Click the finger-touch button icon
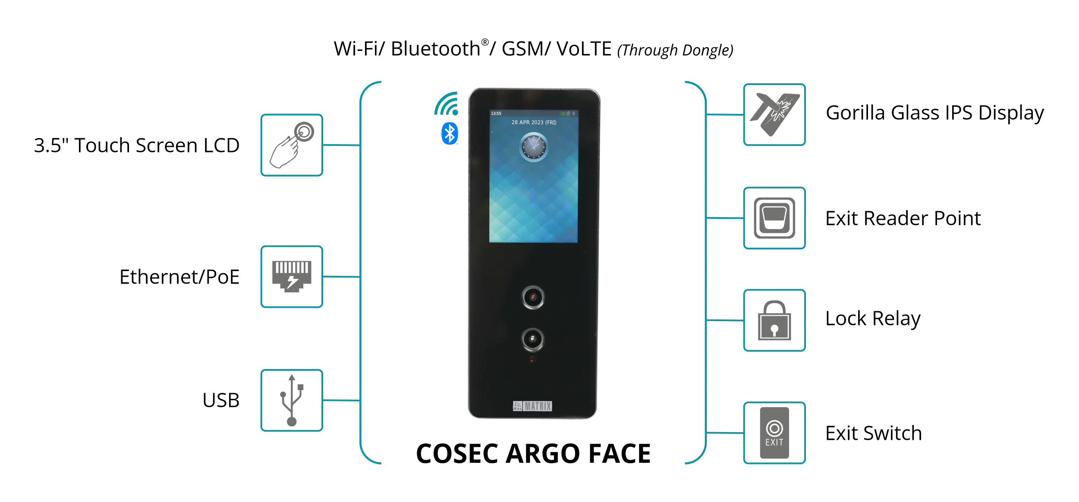292,145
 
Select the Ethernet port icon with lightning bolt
292,276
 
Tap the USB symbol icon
292,400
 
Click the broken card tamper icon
774,114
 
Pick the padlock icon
774,321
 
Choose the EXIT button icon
774,433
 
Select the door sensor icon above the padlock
774,218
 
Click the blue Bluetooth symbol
450,133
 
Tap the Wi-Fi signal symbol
447,104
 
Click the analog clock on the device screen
534,147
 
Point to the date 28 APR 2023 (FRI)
534,123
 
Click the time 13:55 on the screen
496,114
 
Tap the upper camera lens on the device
533,297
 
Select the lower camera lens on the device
533,339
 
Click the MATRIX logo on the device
532,406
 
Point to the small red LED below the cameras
532,359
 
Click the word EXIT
774,443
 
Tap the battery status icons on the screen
567,114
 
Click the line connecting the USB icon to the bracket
341,401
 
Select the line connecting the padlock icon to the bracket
725,320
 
